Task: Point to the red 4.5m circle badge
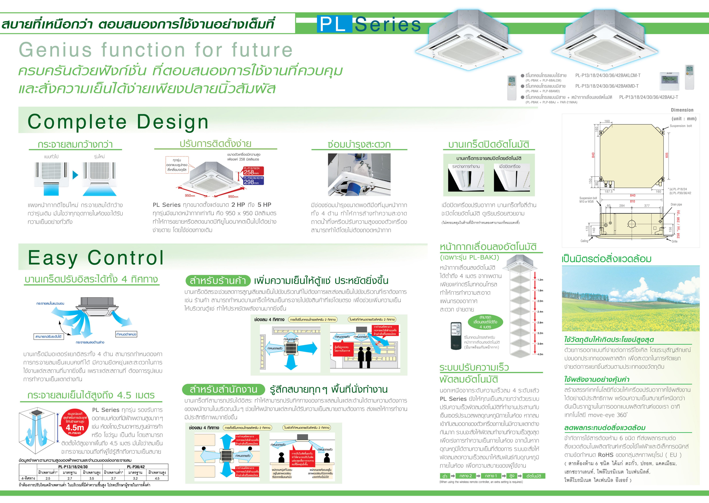[75, 423]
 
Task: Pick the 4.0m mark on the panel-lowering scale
[540, 354]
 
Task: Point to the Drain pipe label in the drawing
[676, 204]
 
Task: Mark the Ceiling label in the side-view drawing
[584, 241]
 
